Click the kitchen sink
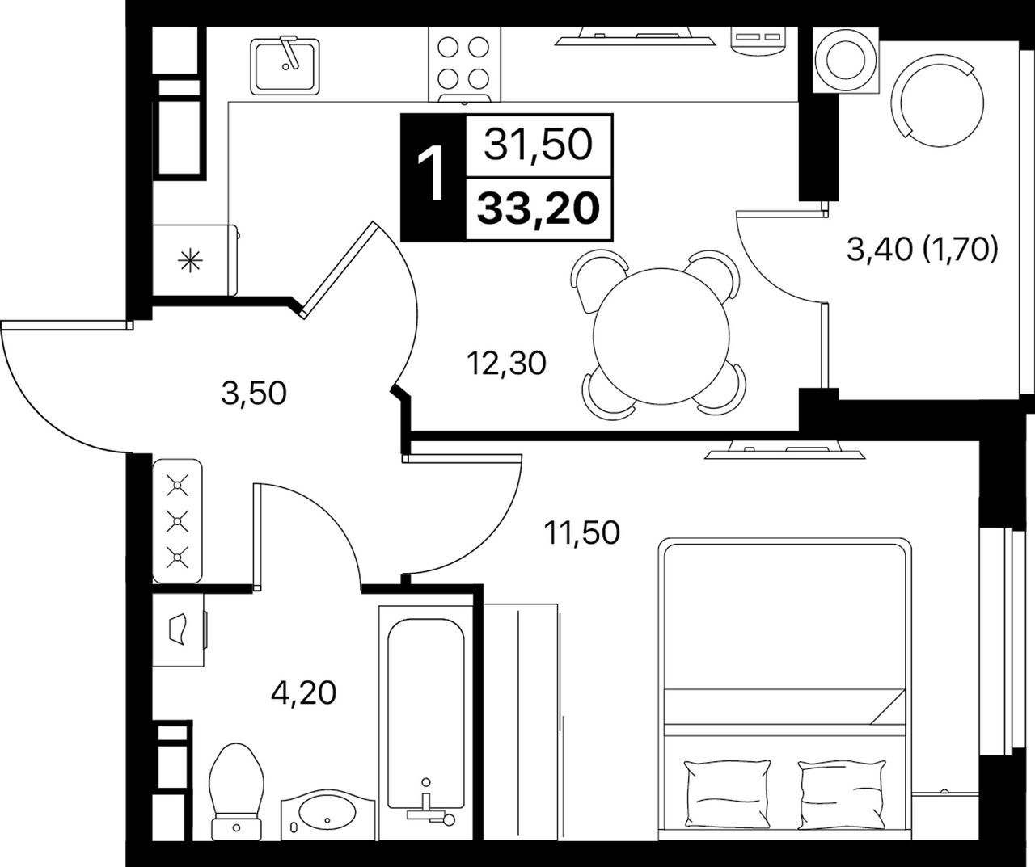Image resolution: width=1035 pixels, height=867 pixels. pos(285,66)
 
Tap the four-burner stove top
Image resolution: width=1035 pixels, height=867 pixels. pos(464,65)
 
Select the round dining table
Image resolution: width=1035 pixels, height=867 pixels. pos(661,336)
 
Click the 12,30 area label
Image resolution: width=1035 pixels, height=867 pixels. pos(506,363)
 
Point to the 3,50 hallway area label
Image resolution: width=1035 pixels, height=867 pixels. pos(254,394)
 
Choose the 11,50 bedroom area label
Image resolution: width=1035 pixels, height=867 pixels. pos(582,533)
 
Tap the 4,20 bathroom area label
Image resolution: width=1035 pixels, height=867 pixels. pos(303,692)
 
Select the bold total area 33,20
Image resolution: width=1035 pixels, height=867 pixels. pos(539,208)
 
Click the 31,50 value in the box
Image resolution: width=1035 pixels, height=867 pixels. pos(539,145)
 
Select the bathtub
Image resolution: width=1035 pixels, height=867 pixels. pos(426,722)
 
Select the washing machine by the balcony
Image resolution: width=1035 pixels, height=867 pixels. pos(846,60)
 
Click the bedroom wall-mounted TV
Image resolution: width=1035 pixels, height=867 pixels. pos(784,452)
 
